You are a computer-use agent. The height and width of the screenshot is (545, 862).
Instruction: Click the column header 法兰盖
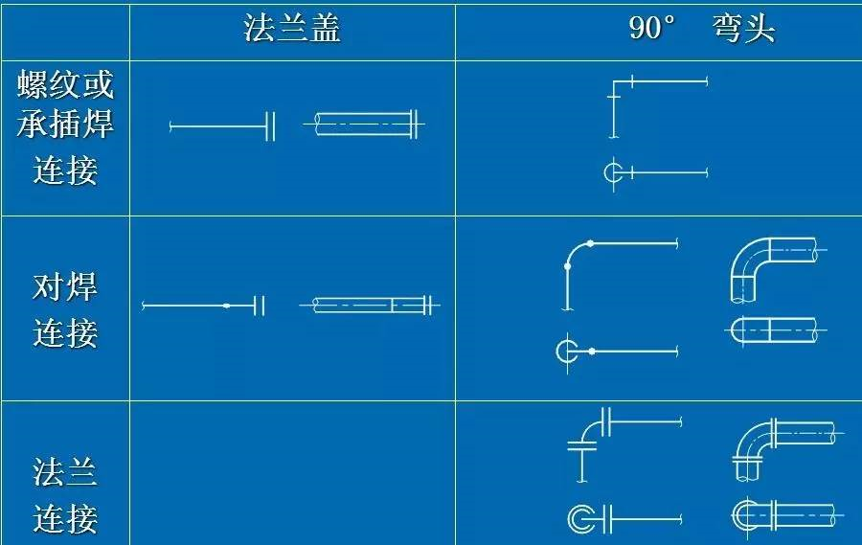[x=292, y=29]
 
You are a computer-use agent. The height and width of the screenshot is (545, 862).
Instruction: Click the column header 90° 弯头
[x=702, y=28]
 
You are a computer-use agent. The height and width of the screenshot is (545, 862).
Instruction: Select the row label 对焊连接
[x=65, y=309]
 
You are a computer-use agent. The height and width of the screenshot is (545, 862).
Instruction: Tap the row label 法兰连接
[x=65, y=495]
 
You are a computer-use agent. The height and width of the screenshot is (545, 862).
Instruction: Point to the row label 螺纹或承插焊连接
[x=65, y=127]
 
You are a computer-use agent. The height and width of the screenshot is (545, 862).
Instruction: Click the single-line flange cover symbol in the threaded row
[x=222, y=125]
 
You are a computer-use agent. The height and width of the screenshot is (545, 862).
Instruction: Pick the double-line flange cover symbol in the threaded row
[x=364, y=125]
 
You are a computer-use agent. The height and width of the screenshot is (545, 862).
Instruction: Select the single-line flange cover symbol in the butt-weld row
[x=203, y=306]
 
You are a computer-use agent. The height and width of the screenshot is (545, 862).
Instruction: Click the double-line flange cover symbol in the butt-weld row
[x=370, y=305]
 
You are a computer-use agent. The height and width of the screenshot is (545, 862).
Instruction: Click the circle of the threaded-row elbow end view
[x=611, y=172]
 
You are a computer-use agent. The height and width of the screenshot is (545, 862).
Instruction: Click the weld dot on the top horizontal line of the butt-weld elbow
[x=590, y=243]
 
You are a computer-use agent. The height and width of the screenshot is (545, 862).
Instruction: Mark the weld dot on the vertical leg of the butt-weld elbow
[x=567, y=266]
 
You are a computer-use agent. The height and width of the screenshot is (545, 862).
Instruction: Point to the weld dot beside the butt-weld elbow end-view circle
[x=592, y=351]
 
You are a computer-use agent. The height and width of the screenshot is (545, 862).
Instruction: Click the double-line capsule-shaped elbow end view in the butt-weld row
[x=775, y=330]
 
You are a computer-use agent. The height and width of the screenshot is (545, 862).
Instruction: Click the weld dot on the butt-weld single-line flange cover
[x=226, y=306]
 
